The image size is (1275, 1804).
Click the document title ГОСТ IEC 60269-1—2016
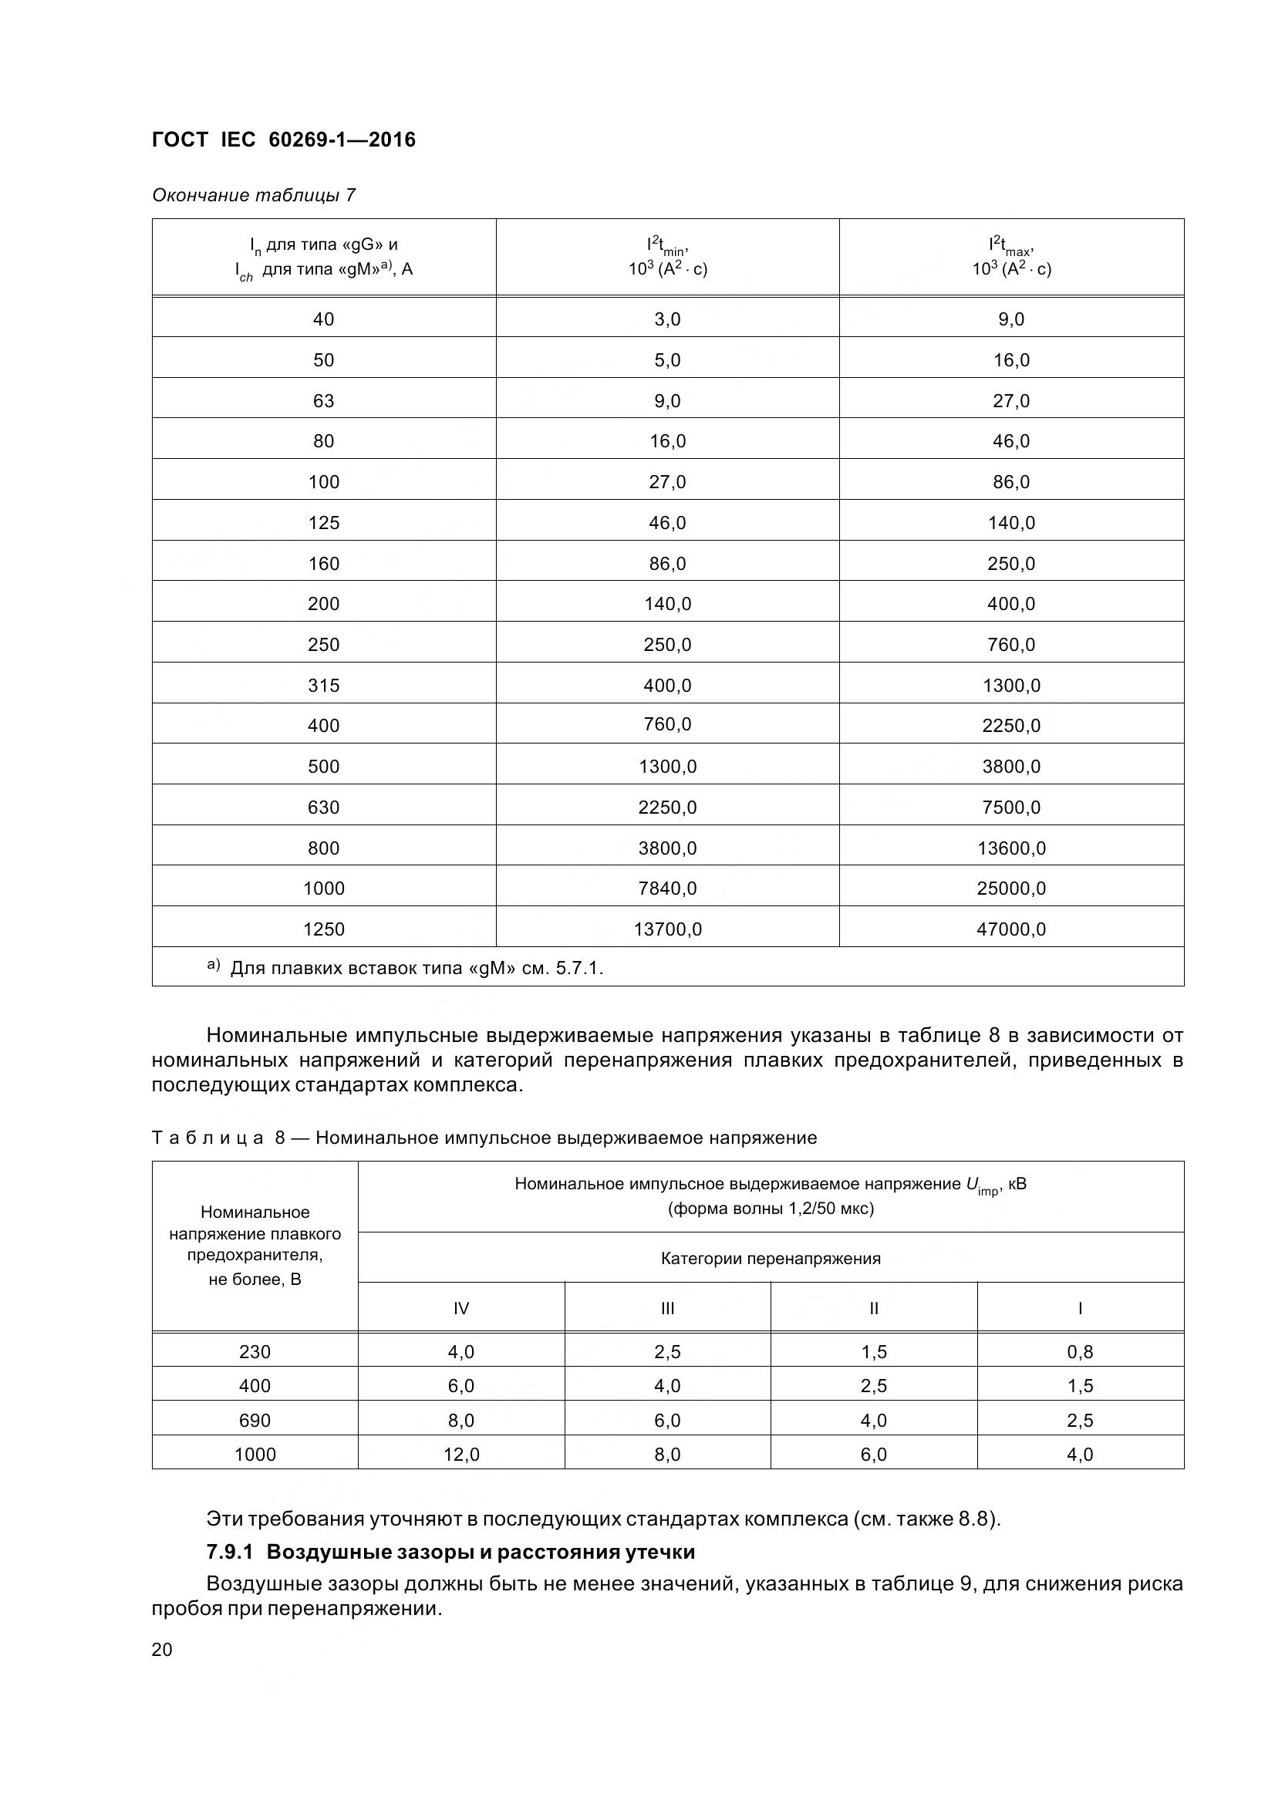(284, 140)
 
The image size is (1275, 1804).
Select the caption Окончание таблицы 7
(253, 195)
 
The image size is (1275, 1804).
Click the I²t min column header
(667, 257)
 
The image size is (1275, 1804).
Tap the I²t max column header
(1011, 257)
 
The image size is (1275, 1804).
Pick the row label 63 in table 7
(324, 401)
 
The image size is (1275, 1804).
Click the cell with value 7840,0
(667, 888)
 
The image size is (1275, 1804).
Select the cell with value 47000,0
(1011, 929)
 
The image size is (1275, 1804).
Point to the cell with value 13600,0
(1011, 848)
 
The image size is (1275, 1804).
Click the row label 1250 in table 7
(324, 929)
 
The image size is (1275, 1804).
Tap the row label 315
(324, 685)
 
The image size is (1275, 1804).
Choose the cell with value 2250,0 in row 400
(1011, 725)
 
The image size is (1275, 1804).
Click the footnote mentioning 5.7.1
(417, 968)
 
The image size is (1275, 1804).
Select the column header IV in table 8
(461, 1308)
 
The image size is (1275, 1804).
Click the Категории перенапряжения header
(770, 1259)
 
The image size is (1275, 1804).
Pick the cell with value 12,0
(461, 1455)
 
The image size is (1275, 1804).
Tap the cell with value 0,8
(1080, 1351)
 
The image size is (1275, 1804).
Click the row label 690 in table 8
(255, 1420)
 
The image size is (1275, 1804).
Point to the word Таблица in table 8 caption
(207, 1138)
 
